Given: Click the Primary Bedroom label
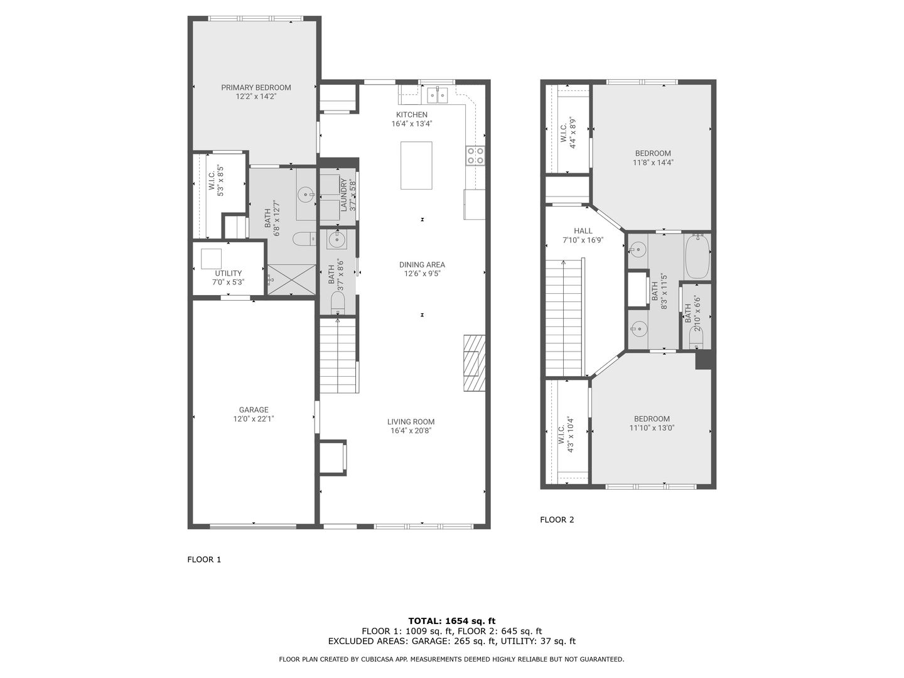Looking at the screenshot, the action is point(256,87).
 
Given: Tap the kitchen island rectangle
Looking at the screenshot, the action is point(416,165).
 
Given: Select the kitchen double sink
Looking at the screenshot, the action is point(437,95).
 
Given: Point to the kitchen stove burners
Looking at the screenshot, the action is point(475,156).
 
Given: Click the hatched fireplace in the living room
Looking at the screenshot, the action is point(474,363).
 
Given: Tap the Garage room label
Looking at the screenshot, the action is point(253,409).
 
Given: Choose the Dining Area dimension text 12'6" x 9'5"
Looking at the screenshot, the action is point(422,273).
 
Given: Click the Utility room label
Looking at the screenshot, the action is point(228,273).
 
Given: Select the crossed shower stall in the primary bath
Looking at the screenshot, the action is point(291,279).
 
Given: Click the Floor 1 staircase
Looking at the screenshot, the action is point(338,355).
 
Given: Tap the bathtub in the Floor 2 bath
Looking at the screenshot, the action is point(697,256).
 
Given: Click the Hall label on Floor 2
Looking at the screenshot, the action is point(583,231).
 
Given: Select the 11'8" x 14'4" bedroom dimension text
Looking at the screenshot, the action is point(653,162).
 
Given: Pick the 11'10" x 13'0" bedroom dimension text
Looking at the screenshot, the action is point(652,428).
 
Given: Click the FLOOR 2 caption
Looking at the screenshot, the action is point(557,520).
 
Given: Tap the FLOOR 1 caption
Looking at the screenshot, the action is point(204,559).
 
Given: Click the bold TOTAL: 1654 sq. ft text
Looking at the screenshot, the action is point(452,621).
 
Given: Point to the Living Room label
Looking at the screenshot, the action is point(411,421).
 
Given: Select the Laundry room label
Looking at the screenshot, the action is point(343,195).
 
